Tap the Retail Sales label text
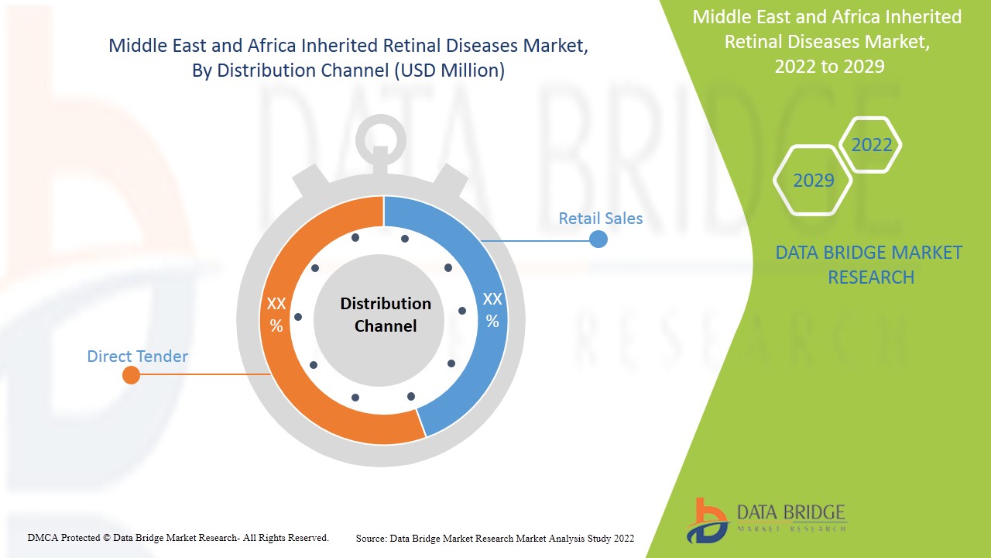[600, 219]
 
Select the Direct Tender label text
[137, 356]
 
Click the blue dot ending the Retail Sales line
[598, 239]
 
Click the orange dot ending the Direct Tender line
[132, 376]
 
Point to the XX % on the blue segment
[492, 310]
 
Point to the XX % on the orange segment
[276, 315]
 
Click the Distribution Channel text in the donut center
[386, 315]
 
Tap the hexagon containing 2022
[871, 145]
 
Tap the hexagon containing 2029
[813, 181]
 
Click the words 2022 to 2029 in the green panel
[829, 67]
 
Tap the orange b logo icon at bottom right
[706, 520]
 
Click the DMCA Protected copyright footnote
[178, 537]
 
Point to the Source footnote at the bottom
[495, 538]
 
